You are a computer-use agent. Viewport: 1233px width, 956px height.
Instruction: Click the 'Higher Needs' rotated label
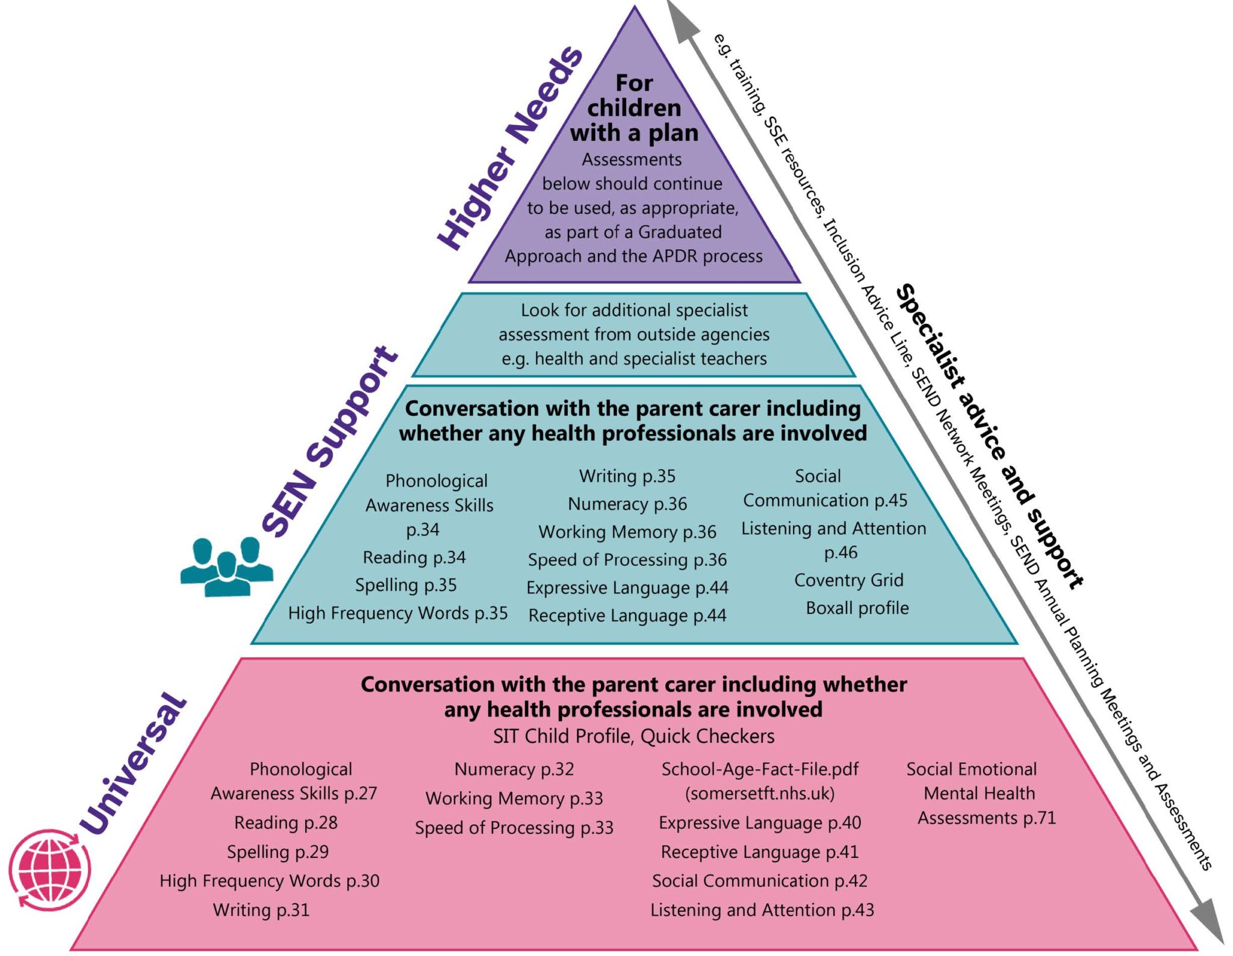click(509, 147)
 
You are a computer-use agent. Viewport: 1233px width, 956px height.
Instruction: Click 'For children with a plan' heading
click(634, 108)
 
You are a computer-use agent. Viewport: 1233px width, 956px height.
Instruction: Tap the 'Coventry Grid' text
click(848, 580)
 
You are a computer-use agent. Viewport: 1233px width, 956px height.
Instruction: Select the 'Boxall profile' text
click(857, 608)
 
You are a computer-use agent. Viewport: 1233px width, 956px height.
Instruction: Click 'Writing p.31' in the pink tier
click(261, 910)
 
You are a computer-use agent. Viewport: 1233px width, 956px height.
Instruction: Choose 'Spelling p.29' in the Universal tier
click(278, 852)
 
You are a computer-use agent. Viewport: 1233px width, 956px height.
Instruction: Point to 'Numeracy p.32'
click(514, 769)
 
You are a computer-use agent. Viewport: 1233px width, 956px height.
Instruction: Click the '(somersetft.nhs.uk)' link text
click(760, 793)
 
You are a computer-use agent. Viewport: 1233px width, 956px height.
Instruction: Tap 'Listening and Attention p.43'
click(762, 910)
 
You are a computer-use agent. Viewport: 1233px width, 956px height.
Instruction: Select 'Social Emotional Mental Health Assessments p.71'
click(980, 793)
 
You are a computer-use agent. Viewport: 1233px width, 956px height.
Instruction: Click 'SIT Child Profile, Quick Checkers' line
click(633, 736)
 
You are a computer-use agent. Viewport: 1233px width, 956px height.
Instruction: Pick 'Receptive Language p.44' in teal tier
click(627, 615)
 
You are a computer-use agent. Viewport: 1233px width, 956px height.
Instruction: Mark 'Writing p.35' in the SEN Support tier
click(627, 476)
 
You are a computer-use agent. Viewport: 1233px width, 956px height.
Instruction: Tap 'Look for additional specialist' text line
click(633, 310)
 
